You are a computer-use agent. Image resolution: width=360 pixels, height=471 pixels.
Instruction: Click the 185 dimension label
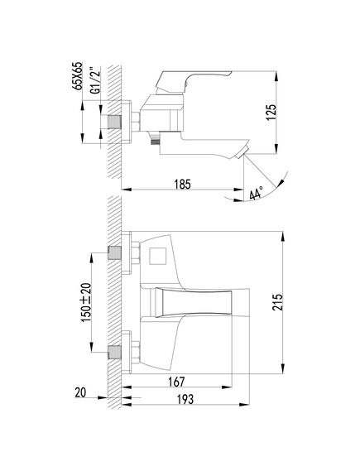coord(183,184)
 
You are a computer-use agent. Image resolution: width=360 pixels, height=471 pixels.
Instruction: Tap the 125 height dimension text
coord(271,113)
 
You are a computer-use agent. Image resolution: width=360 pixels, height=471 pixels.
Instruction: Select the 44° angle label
coord(257,193)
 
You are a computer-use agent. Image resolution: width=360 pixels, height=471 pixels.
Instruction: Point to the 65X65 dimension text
coord(77,75)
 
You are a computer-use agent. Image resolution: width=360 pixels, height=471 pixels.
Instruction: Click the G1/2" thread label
coord(95,80)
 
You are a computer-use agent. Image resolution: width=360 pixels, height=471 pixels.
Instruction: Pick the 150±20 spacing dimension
coord(86,302)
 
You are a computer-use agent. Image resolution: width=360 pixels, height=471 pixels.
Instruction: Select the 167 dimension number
coord(176,382)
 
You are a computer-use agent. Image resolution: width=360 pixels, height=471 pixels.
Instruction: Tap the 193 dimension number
coord(185,400)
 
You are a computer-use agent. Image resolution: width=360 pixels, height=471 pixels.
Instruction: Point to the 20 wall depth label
coord(80,392)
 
